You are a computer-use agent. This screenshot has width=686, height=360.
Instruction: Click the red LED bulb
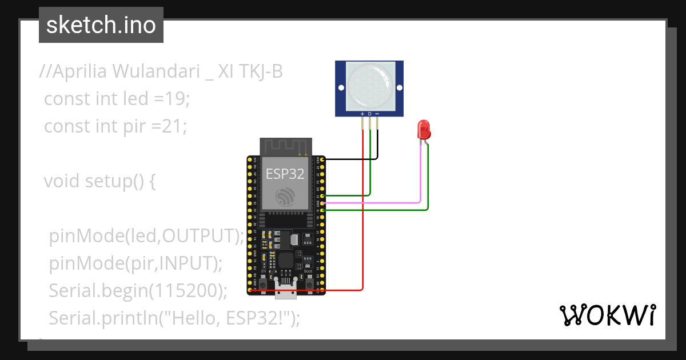pyautogui.click(x=424, y=129)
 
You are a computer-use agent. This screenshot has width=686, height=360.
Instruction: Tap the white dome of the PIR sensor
pyautogui.click(x=369, y=86)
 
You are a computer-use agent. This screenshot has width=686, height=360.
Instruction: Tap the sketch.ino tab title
pyautogui.click(x=101, y=25)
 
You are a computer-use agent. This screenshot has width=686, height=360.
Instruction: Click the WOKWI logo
pyautogui.click(x=607, y=315)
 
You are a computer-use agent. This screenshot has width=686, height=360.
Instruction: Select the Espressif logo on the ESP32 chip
pyautogui.click(x=285, y=197)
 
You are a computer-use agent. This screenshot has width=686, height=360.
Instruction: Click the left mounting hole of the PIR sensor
pyautogui.click(x=341, y=88)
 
